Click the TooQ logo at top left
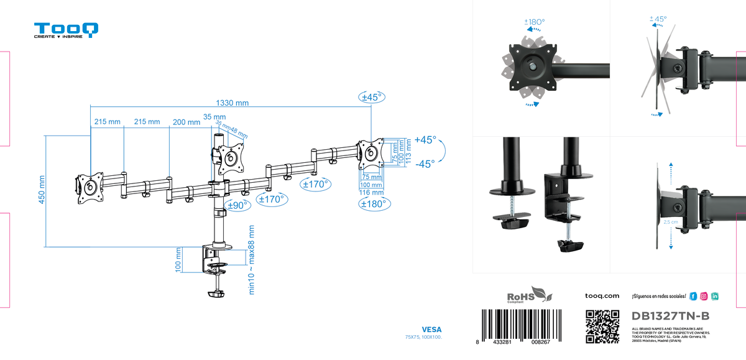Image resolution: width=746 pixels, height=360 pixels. pos(66,30)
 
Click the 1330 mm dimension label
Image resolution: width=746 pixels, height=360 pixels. pos(232,103)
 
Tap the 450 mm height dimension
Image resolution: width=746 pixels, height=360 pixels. pos(42,190)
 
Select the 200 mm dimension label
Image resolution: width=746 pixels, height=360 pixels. pos(185,122)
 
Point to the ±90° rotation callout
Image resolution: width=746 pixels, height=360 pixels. pos(237,205)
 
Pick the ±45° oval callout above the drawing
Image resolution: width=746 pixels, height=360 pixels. pos(372,97)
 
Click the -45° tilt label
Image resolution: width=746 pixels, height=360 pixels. pos(425,164)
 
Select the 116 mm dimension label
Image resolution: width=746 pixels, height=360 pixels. pos(371,193)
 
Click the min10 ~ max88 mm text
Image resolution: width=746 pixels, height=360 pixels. pos(252,260)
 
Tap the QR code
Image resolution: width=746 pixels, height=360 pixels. pos(602,326)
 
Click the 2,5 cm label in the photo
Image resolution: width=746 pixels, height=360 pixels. pos(670,221)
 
